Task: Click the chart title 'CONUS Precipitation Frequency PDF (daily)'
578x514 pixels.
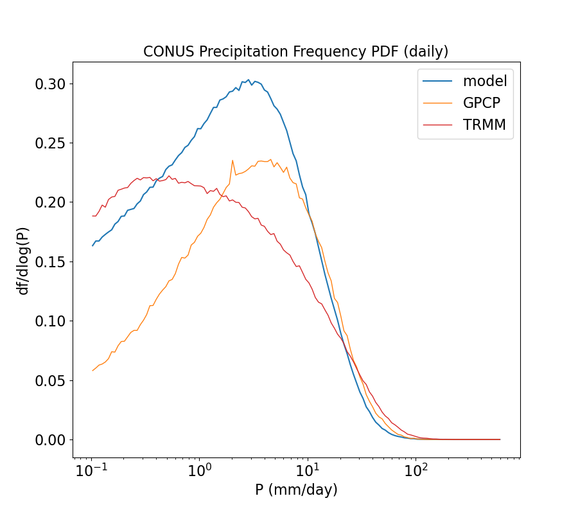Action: [295, 51]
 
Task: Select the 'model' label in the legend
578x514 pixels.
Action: [485, 81]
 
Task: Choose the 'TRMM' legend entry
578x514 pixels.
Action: [484, 125]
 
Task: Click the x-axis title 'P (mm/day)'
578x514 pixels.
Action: [296, 490]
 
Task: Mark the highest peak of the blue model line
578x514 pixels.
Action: [249, 80]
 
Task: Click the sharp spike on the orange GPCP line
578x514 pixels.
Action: [232, 161]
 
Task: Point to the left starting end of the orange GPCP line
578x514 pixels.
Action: [92, 371]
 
